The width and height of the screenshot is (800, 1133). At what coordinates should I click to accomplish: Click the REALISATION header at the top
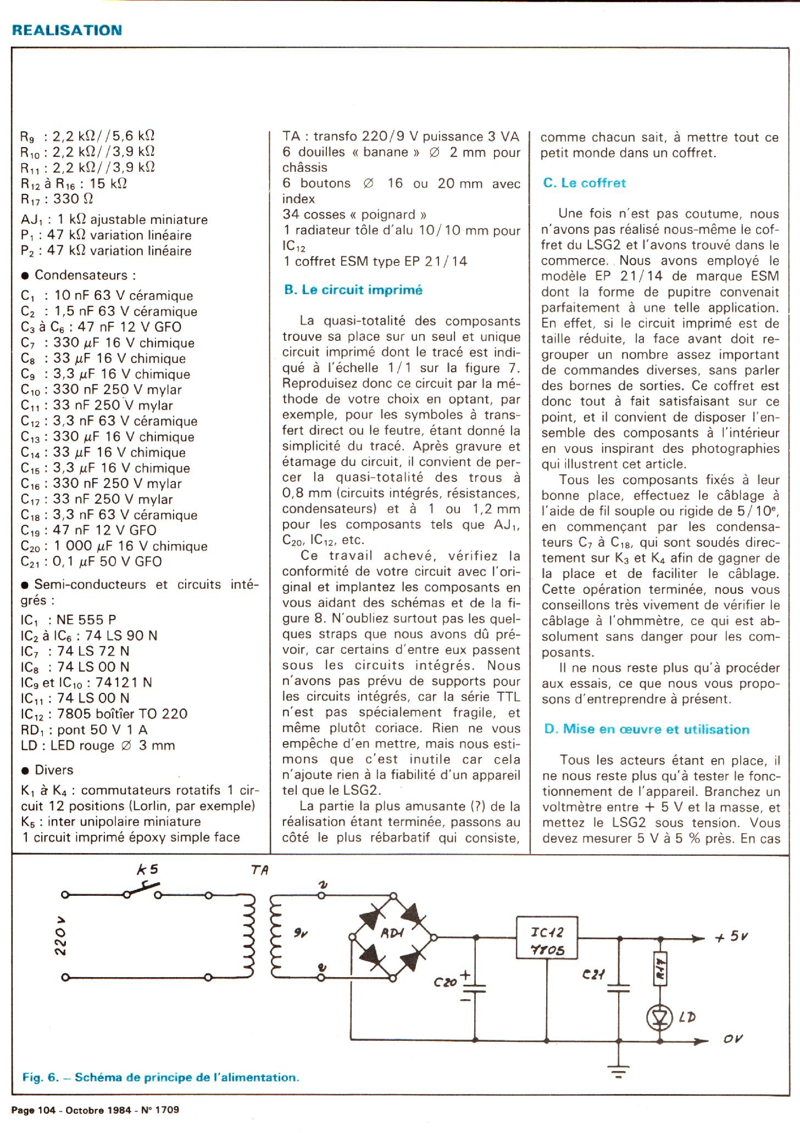pyautogui.click(x=66, y=30)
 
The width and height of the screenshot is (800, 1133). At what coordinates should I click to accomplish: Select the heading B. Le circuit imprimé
pyautogui.click(x=353, y=290)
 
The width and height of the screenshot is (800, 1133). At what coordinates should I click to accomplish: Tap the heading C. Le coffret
pyautogui.click(x=584, y=183)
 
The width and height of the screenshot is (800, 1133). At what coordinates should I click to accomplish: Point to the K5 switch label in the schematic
pyautogui.click(x=147, y=870)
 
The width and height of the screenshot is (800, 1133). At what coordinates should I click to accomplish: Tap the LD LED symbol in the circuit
pyautogui.click(x=660, y=1017)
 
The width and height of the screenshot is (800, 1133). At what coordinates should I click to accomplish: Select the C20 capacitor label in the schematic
pyautogui.click(x=445, y=983)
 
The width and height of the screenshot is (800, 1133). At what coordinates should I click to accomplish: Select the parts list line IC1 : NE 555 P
pyautogui.click(x=68, y=620)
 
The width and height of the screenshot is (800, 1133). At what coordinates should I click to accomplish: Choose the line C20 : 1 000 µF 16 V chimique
pyautogui.click(x=114, y=546)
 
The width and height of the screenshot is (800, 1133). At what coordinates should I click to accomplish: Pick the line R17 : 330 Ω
pyautogui.click(x=57, y=199)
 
